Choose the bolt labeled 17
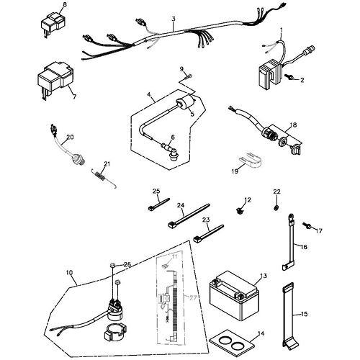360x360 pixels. [x=309, y=225]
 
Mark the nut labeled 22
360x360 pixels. [x=276, y=208]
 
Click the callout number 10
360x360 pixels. [x=70, y=271]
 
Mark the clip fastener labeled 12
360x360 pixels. [x=240, y=211]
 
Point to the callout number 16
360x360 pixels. [x=303, y=246]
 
